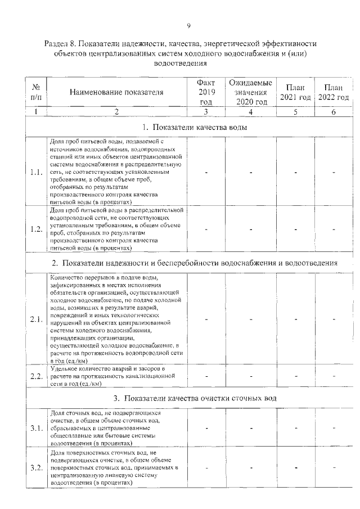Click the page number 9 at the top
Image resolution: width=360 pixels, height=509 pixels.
(188, 25)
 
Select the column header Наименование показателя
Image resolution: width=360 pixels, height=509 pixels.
(116, 92)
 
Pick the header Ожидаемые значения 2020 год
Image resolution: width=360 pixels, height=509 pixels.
(251, 92)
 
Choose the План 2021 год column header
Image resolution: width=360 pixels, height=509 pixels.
(295, 92)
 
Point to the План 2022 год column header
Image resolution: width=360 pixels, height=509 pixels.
(334, 92)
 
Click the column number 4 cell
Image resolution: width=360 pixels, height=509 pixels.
(251, 112)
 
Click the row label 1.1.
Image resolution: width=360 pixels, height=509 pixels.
(36, 172)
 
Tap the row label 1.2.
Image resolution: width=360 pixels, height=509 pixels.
(36, 229)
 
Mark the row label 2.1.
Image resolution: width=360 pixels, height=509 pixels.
(36, 319)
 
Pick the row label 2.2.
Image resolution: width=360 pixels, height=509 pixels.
(36, 376)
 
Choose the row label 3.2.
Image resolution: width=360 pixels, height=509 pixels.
(36, 468)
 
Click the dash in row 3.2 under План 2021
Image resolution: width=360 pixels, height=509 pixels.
(295, 468)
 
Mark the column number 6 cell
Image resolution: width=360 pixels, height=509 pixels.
(334, 112)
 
